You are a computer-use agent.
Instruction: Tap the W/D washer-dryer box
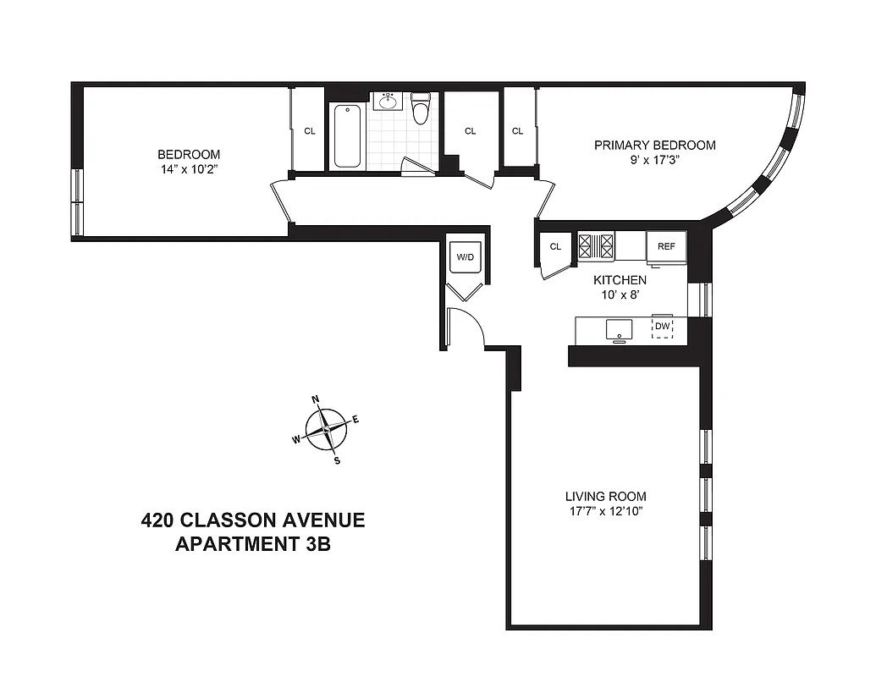pyautogui.click(x=465, y=257)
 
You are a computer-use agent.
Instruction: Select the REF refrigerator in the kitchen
pyautogui.click(x=665, y=248)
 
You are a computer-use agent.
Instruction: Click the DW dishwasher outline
pyautogui.click(x=662, y=327)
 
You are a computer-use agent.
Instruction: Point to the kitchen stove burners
pyautogui.click(x=596, y=245)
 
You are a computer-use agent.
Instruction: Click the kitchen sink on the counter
pyautogui.click(x=620, y=328)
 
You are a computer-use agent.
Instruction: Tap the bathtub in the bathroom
pyautogui.click(x=348, y=136)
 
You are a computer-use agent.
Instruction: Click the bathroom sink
pyautogui.click(x=388, y=102)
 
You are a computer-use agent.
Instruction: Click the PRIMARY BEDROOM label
pyautogui.click(x=654, y=146)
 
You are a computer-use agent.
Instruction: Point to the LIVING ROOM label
pyautogui.click(x=605, y=496)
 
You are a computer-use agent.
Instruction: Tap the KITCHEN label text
pyautogui.click(x=620, y=280)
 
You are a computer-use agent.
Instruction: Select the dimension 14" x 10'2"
pyautogui.click(x=189, y=169)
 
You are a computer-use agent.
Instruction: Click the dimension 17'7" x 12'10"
pyautogui.click(x=605, y=511)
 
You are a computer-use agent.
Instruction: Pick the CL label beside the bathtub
pyautogui.click(x=310, y=131)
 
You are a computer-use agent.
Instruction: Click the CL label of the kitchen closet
pyautogui.click(x=555, y=247)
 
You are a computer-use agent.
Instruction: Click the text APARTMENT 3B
pyautogui.click(x=252, y=544)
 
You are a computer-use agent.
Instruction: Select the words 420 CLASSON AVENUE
pyautogui.click(x=252, y=519)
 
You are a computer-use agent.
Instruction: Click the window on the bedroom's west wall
pyautogui.click(x=78, y=201)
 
